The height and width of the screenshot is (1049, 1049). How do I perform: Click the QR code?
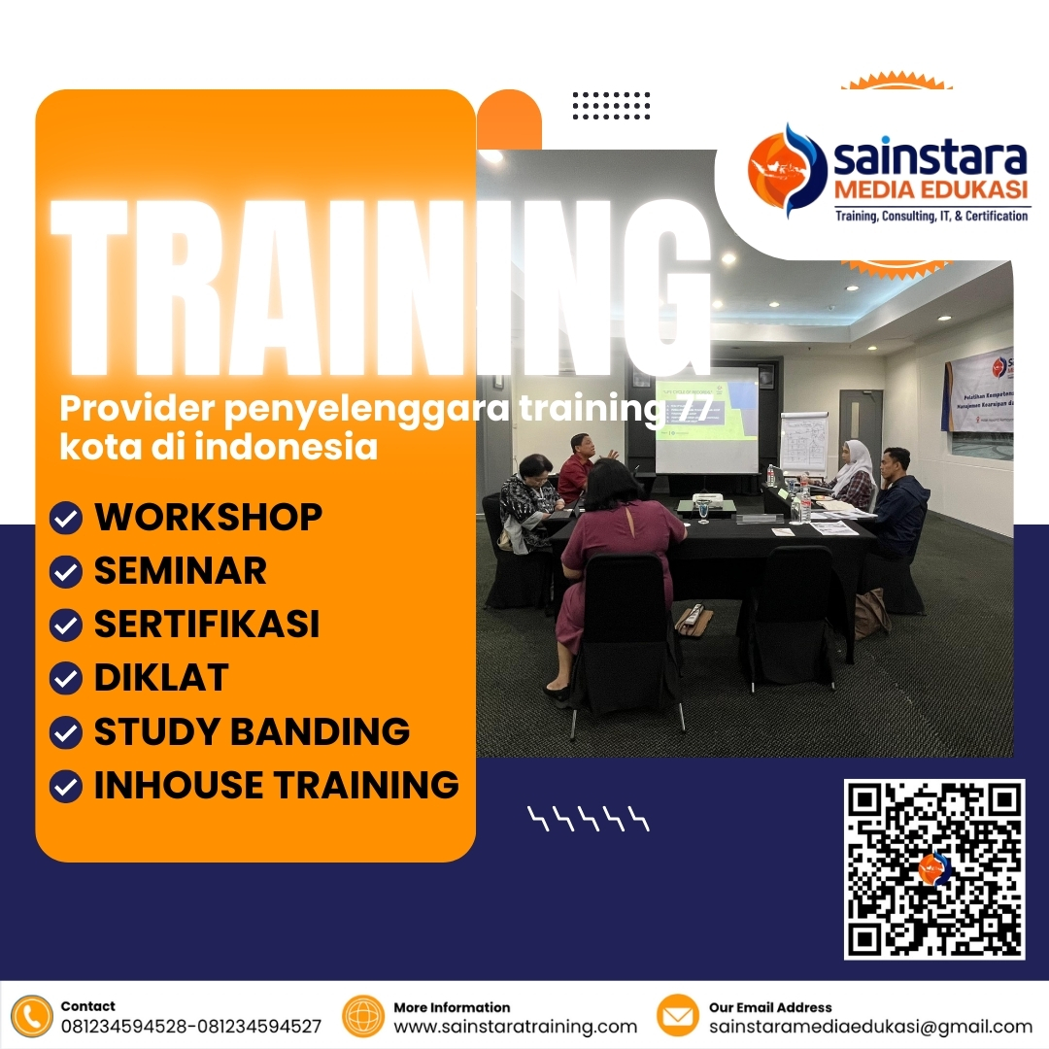(934, 869)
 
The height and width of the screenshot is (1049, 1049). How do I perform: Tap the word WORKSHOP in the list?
(208, 518)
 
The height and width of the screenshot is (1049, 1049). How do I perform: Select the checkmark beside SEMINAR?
(65, 573)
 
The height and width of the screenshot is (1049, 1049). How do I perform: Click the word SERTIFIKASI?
(206, 625)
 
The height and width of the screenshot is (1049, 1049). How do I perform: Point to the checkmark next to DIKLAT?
(65, 678)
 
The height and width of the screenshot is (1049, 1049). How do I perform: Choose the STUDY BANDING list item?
(252, 731)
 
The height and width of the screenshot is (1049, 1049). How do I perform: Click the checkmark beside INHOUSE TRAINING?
(65, 785)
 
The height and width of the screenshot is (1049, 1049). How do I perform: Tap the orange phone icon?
(33, 1016)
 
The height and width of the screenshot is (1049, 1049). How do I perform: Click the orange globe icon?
(363, 1016)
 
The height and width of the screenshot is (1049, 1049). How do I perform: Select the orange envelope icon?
(678, 1016)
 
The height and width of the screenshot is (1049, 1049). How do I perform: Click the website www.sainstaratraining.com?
(515, 1027)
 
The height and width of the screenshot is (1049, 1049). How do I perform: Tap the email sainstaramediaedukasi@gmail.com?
(870, 1027)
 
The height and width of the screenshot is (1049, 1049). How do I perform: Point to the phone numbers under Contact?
(190, 1027)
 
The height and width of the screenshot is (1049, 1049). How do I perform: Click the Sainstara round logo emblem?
(786, 169)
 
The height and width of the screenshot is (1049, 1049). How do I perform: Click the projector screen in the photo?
(705, 419)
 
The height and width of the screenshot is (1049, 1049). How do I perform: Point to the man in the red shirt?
(578, 467)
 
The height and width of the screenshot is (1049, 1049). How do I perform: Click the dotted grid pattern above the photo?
(611, 105)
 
